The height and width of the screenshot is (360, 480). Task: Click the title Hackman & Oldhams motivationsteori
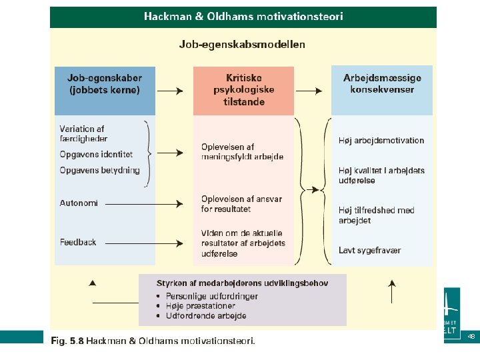[243, 17]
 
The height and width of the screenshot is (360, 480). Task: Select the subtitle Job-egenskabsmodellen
[242, 45]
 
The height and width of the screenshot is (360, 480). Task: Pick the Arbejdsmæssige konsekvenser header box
[382, 84]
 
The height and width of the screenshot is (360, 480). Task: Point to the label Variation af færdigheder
[82, 133]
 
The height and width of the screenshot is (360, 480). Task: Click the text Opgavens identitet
[96, 154]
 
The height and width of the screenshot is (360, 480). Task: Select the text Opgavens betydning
[100, 170]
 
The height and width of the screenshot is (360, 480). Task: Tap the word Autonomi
[79, 203]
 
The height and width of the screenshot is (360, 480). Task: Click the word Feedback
[78, 242]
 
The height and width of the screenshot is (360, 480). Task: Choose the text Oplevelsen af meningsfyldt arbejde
[242, 152]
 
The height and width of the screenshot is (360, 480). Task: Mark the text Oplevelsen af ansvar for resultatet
[241, 204]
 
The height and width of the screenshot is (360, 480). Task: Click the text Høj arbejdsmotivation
[381, 141]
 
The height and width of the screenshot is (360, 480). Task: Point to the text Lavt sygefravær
[370, 251]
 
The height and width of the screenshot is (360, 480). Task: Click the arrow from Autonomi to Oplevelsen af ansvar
[143, 203]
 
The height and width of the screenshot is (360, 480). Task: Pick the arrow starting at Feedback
[143, 242]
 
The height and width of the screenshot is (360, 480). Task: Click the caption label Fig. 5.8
[67, 341]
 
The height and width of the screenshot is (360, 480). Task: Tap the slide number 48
[471, 337]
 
